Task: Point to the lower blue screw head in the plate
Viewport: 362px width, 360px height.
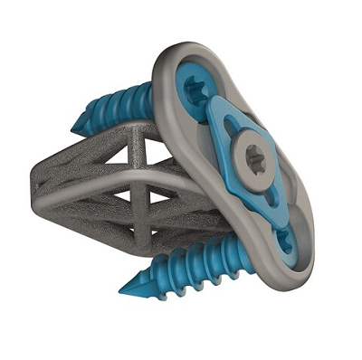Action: [284, 242]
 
